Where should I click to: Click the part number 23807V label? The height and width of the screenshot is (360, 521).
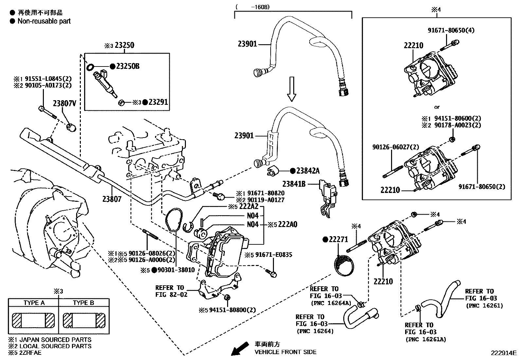tap(64, 104)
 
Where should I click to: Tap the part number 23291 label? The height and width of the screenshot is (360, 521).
tap(158, 102)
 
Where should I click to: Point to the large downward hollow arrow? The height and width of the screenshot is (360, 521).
tap(291, 89)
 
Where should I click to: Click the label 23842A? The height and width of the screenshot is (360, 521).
tap(308, 171)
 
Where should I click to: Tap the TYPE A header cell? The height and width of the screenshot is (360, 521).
tap(34, 303)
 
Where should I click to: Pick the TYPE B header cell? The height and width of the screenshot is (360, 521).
tap(83, 303)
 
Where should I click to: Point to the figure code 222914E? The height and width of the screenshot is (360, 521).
tap(503, 353)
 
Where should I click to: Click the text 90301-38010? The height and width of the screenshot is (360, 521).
tap(176, 270)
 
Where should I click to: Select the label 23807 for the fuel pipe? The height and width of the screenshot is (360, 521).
tap(112, 199)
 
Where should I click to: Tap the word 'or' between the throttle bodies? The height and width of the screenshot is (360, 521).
tap(437, 107)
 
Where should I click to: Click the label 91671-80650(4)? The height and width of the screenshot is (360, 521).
tap(451, 30)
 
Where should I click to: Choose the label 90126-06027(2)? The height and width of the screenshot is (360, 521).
tap(395, 147)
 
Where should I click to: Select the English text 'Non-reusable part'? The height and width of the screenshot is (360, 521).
tap(44, 21)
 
